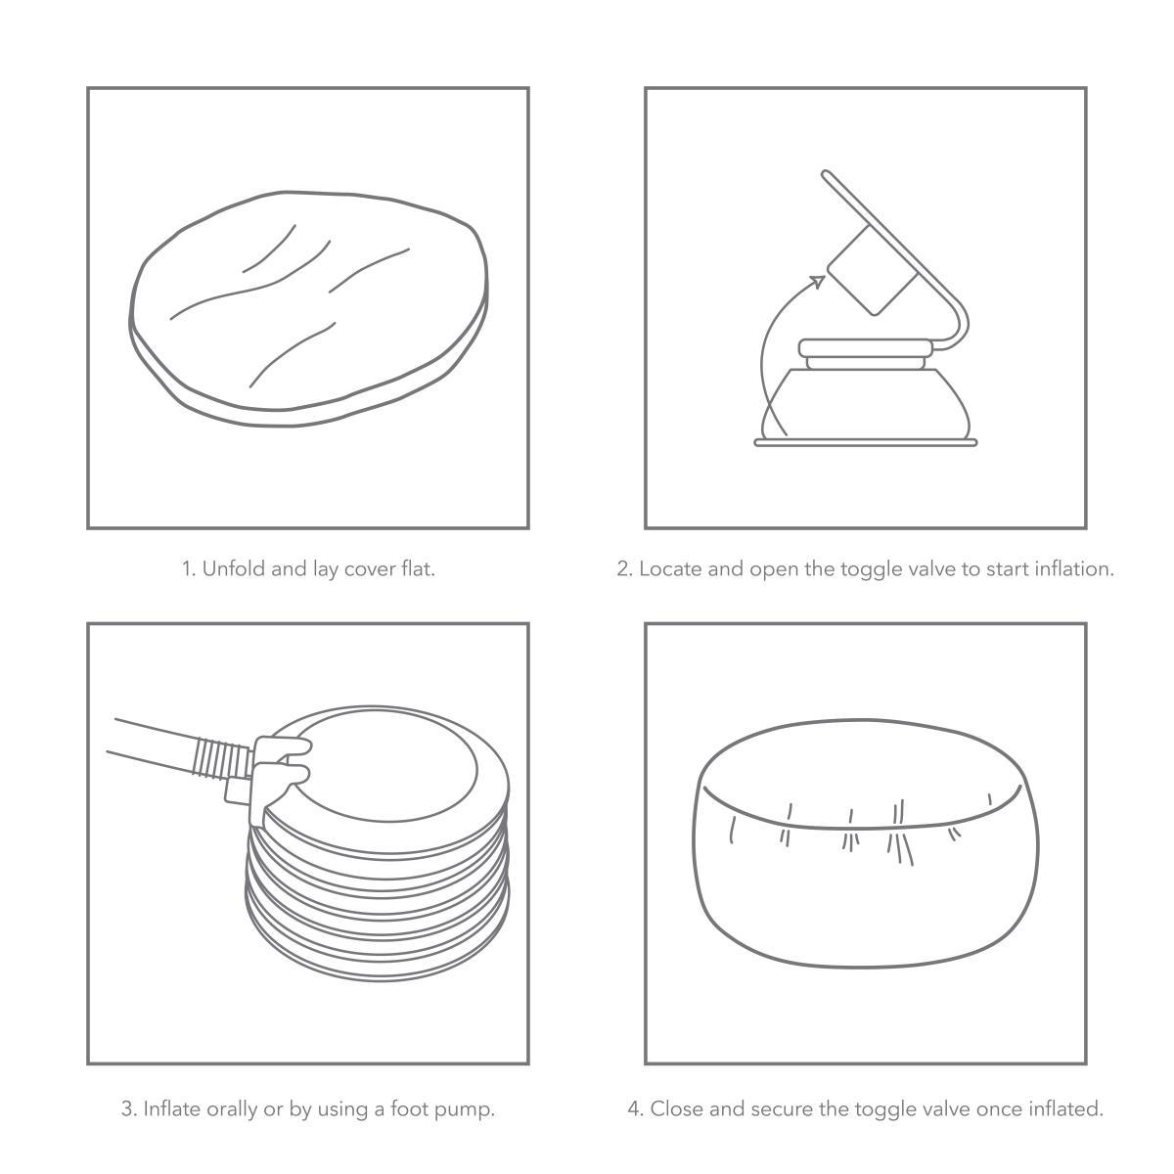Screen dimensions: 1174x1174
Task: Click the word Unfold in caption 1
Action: (234, 569)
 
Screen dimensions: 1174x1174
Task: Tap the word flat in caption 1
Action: (418, 569)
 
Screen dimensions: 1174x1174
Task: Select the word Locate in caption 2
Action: (670, 569)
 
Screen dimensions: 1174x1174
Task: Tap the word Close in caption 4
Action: (677, 1108)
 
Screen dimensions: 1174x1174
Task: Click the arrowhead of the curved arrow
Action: (818, 282)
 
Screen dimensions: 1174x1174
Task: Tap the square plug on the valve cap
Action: (873, 271)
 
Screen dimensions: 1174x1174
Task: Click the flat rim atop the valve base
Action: (865, 348)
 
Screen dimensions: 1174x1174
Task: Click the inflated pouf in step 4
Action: (866, 843)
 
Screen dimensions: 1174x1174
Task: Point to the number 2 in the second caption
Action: (623, 569)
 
